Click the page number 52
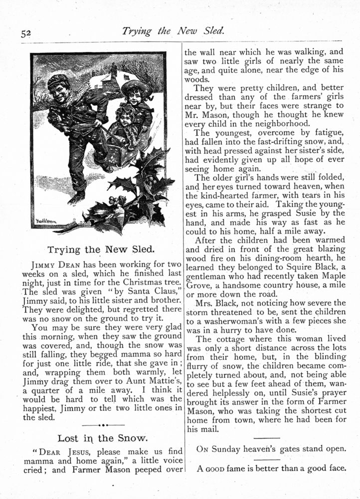tap(26, 33)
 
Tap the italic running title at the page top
tap(173, 31)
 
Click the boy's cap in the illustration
tap(58, 80)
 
